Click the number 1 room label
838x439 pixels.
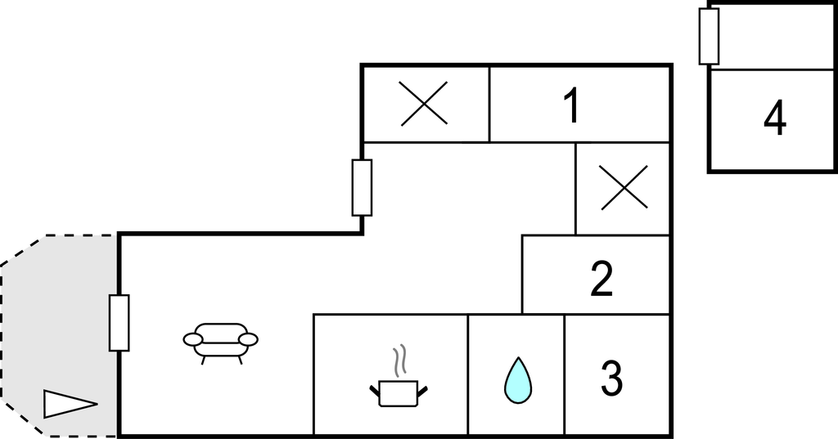click(x=572, y=105)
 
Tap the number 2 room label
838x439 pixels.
click(x=601, y=278)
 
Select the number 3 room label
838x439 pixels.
click(x=611, y=379)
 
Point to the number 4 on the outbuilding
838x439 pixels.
click(x=775, y=118)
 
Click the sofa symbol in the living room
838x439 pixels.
click(x=220, y=343)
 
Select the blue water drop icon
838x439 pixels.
click(x=518, y=379)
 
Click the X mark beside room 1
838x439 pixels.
click(x=425, y=104)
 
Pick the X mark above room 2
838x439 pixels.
click(x=624, y=187)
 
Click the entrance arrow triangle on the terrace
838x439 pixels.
click(x=70, y=404)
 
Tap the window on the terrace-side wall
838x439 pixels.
click(x=119, y=323)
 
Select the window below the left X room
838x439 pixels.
click(x=362, y=187)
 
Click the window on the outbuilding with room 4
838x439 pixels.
click(x=709, y=36)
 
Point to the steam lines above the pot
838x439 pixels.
click(x=399, y=361)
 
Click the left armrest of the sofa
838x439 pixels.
click(x=193, y=339)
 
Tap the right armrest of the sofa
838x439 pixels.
click(x=248, y=339)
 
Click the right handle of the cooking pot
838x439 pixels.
click(x=422, y=392)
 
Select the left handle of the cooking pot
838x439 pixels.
click(x=375, y=392)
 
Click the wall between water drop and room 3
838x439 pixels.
click(x=565, y=375)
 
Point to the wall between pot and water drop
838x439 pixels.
click(x=468, y=375)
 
